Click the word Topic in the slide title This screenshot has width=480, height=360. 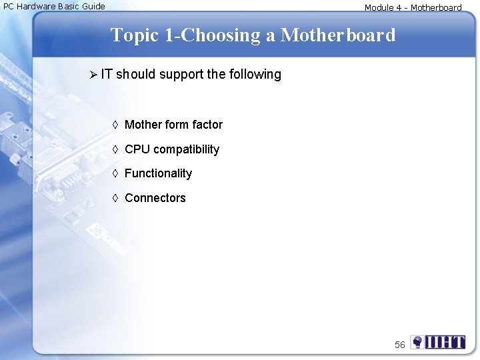[135, 35]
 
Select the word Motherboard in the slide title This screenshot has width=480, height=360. [338, 35]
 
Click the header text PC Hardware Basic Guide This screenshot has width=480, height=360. [55, 7]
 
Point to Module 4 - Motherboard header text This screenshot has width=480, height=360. [413, 8]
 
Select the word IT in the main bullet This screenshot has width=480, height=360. [107, 74]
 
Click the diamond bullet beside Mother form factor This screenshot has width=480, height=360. [115, 125]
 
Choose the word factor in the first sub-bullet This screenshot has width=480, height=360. [206, 125]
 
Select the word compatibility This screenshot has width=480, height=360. [187, 149]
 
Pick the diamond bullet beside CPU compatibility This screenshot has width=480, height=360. [115, 149]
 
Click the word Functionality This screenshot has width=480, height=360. [158, 173]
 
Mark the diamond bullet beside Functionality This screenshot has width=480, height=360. [115, 173]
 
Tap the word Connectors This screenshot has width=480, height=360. [155, 198]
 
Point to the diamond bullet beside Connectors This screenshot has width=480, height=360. [115, 198]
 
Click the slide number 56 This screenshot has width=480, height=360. [399, 345]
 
